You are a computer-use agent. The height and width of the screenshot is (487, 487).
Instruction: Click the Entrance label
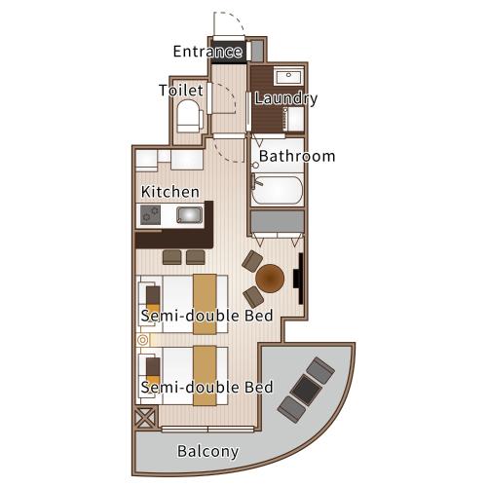207,52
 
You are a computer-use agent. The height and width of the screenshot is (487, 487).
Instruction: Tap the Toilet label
181,91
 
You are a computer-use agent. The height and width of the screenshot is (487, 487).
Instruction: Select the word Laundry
286,98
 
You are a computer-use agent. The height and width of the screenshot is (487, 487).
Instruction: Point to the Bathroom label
297,156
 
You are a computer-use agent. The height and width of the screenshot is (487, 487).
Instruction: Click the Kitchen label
170,192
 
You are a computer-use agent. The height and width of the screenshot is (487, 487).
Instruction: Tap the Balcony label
208,452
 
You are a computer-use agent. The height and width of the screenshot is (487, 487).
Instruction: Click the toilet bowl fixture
189,116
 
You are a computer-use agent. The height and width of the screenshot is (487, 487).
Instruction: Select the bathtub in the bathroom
277,190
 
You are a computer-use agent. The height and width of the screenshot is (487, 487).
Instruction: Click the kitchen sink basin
189,214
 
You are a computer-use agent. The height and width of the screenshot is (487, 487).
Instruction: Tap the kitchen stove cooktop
150,215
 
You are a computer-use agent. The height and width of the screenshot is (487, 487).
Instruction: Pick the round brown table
270,279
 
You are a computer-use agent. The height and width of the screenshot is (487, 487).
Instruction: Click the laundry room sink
288,76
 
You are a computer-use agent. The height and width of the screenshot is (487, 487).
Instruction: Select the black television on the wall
299,279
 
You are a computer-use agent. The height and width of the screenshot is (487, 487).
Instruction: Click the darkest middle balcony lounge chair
306,390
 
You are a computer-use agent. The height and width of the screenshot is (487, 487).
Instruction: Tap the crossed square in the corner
145,418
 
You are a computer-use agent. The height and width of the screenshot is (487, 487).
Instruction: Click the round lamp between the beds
142,340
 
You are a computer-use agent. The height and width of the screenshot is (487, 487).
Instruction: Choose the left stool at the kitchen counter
172,257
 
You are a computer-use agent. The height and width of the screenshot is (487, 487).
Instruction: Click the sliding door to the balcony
207,430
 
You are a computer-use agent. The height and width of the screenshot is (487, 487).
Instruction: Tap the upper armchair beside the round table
252,261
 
